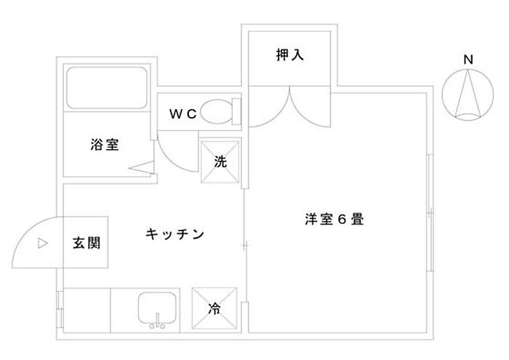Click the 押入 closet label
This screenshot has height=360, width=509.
pos(290,55)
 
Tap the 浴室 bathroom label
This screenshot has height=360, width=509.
pos(105,145)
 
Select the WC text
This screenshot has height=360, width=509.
pos(183,113)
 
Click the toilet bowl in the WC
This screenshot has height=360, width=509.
pos(217,112)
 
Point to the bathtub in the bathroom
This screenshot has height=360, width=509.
pos(107,88)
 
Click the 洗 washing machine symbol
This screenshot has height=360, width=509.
pos(220,161)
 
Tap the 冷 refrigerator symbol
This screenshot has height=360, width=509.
pos(215,308)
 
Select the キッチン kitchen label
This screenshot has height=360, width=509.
pos(175,234)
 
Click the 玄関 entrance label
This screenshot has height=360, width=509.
pos(87,242)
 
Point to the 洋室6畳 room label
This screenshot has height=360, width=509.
pos(334,219)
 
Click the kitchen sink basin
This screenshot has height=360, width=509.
pos(157,308)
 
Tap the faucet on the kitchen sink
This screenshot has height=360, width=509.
pos(158,321)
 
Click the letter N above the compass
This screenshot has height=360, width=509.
pos(468,60)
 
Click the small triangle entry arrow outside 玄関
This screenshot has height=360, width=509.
pos(43,243)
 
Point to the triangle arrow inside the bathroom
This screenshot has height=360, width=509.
pos(141,167)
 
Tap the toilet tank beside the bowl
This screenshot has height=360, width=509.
pos(236,112)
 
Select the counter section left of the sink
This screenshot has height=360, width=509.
pos(87,310)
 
